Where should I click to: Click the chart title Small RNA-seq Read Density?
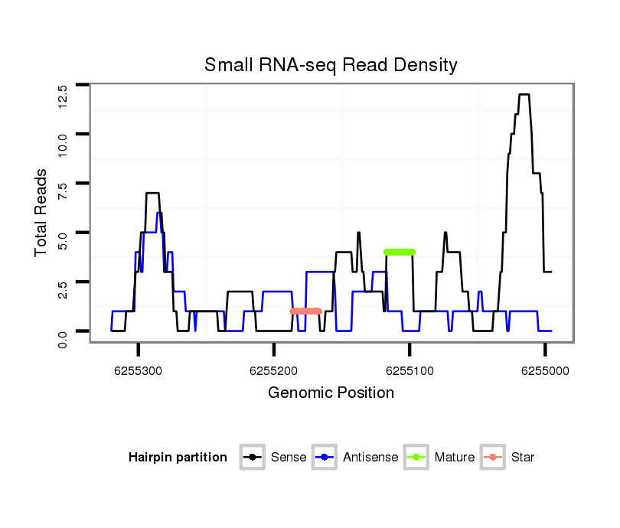[331, 65]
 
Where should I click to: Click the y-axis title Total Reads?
[42, 213]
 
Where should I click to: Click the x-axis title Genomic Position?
[331, 393]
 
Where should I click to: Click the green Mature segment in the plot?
[400, 252]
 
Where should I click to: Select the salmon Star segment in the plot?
[305, 311]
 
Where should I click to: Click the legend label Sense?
[289, 458]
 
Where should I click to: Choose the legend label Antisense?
[370, 458]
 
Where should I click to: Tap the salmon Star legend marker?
[494, 458]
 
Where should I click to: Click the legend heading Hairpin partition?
[178, 458]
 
